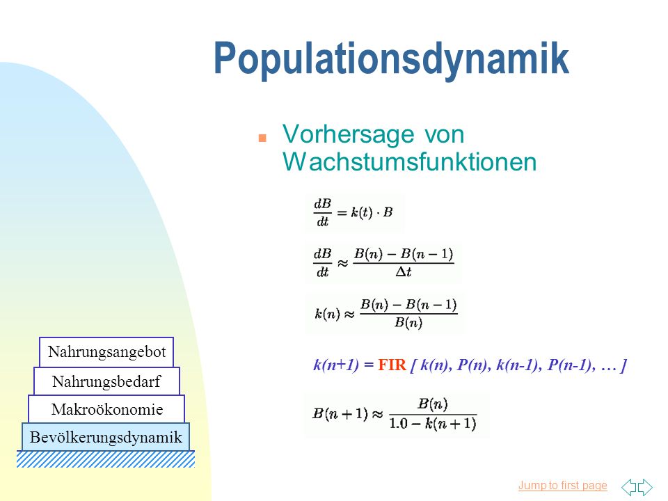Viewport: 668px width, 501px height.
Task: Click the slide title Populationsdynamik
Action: coord(391,59)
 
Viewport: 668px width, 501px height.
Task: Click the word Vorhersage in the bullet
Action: coord(348,134)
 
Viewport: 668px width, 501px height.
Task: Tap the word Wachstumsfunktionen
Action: coord(409,162)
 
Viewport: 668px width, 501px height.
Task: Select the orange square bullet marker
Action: coord(262,138)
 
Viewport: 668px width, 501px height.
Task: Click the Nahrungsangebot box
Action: coord(106,352)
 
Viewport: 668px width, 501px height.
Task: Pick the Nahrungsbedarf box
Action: coord(106,381)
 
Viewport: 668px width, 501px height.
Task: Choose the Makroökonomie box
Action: coord(106,409)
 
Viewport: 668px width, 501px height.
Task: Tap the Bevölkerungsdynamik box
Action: coord(106,437)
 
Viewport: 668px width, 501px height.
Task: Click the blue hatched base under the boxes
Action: coord(106,459)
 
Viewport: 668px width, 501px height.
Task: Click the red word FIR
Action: coord(392,365)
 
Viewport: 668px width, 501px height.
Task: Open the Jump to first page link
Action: coord(562,485)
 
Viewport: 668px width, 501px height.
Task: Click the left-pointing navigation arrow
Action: coord(629,487)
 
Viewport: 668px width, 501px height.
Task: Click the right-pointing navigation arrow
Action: coord(645,487)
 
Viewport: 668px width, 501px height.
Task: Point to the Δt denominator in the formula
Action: coord(404,272)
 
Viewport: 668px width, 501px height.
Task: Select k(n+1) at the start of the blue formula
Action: coord(336,365)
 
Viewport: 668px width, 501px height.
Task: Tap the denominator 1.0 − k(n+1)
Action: coord(433,424)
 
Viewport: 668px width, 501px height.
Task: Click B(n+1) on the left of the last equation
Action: coord(340,413)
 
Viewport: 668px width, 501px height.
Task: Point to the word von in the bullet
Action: coord(445,134)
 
